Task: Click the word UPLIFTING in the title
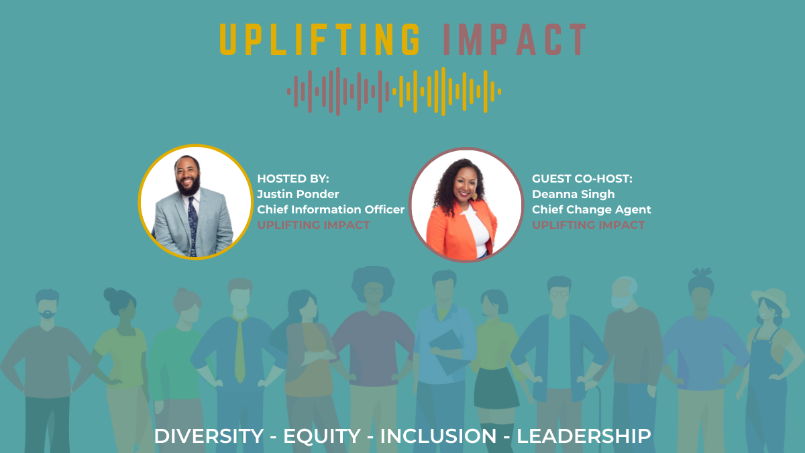tap(320, 40)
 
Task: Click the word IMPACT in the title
tap(515, 40)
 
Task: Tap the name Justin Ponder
tap(298, 194)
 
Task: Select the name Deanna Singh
tap(573, 194)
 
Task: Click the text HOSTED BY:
tap(293, 179)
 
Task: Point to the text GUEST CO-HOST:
tap(582, 179)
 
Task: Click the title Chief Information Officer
tap(331, 209)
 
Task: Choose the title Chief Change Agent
tap(592, 209)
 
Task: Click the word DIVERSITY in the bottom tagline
tap(209, 436)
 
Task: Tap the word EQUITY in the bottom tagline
tap(322, 436)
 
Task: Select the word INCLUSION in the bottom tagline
tap(439, 436)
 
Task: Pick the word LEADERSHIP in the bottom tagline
tap(584, 436)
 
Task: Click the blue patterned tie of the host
tap(193, 227)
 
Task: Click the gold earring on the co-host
tap(474, 196)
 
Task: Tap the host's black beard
tap(189, 184)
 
